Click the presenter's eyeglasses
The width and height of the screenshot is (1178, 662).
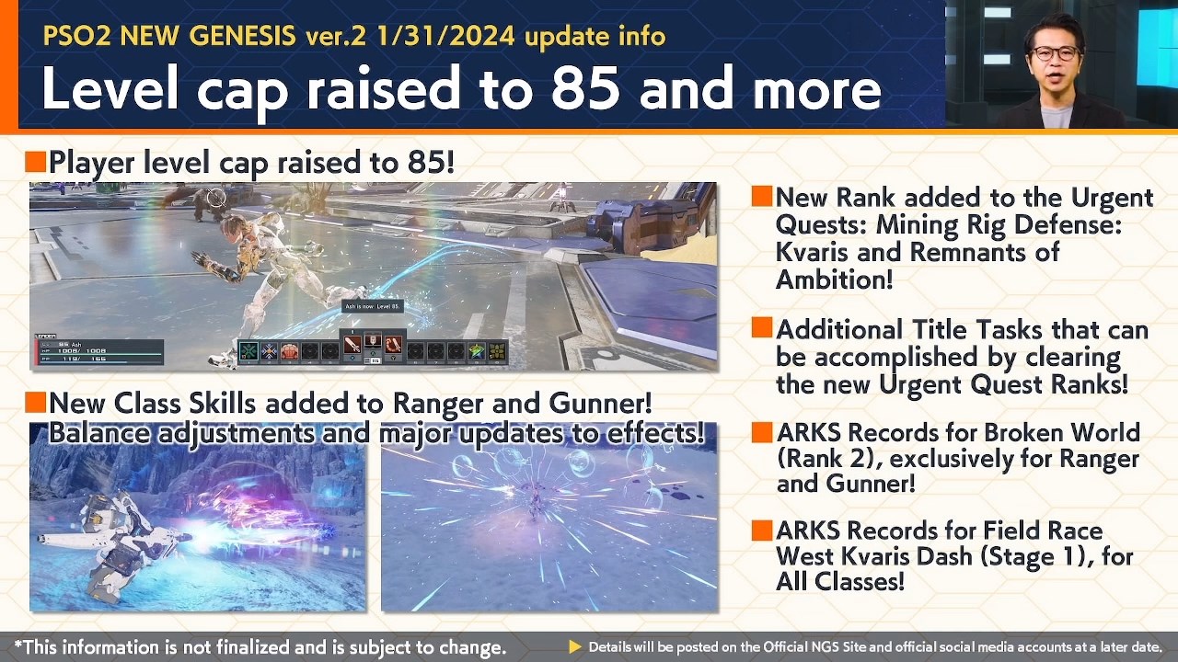[1055, 53]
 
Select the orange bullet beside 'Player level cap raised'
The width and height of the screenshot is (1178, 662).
[36, 163]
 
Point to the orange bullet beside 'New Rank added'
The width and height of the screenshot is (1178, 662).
[762, 197]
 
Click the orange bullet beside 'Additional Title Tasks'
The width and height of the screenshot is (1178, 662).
[762, 328]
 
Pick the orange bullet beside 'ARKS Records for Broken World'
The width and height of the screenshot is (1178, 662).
[762, 432]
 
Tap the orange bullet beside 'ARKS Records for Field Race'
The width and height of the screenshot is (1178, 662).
[762, 531]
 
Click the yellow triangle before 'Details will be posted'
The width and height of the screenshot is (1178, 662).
[575, 647]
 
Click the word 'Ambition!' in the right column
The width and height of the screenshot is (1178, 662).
[835, 279]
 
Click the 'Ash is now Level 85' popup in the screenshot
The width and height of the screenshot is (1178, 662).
[372, 306]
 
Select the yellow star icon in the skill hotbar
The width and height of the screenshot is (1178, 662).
[476, 350]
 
